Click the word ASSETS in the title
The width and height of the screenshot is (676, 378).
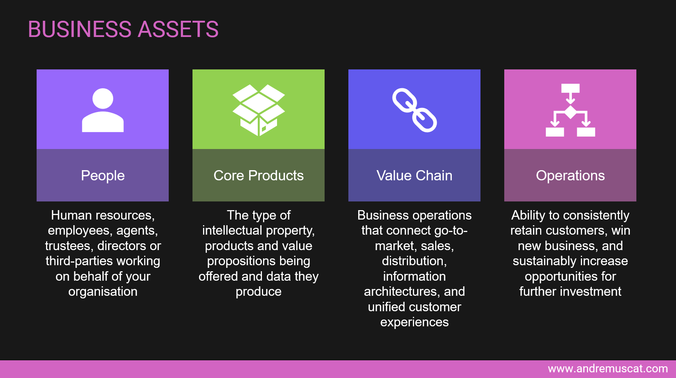click(x=178, y=29)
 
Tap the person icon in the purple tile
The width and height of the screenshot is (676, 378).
click(x=103, y=110)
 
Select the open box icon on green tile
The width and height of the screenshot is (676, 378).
click(x=259, y=110)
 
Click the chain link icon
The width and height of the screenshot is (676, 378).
click(x=414, y=110)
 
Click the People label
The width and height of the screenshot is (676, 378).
click(x=103, y=176)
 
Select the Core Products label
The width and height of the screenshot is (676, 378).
click(x=259, y=176)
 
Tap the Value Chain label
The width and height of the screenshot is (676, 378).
click(x=414, y=176)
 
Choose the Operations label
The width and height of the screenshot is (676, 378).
click(x=570, y=176)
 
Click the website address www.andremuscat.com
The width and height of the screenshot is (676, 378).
click(x=608, y=369)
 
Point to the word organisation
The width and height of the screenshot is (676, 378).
click(x=103, y=292)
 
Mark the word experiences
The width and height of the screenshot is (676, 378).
click(x=414, y=322)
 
